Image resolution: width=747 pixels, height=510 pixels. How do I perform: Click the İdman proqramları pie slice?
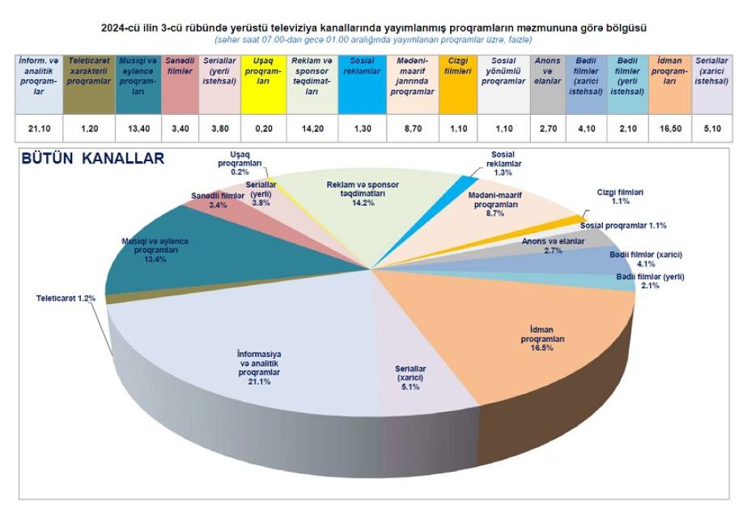point(538,334)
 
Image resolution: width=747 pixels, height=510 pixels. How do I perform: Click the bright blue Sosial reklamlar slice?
point(469,181)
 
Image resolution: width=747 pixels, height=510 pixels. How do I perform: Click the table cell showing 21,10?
point(39,129)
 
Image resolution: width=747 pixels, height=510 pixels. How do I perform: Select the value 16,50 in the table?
point(670,129)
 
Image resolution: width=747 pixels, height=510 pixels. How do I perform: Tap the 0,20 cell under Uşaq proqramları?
point(264,129)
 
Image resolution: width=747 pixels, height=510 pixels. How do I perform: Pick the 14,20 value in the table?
point(312,129)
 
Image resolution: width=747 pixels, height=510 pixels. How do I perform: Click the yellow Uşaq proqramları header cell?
point(264,85)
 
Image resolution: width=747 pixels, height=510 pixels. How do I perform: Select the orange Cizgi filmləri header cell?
point(458,85)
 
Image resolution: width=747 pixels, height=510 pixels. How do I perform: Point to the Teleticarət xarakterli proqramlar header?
point(89,85)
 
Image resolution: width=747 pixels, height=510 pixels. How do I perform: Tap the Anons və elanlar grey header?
point(548,85)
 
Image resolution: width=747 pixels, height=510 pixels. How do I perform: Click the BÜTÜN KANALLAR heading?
point(93,159)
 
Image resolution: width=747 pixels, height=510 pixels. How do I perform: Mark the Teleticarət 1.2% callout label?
point(66,299)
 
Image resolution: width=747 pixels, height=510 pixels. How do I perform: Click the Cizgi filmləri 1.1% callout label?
point(620,197)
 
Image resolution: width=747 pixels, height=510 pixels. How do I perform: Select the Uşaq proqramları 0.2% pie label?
point(240,164)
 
